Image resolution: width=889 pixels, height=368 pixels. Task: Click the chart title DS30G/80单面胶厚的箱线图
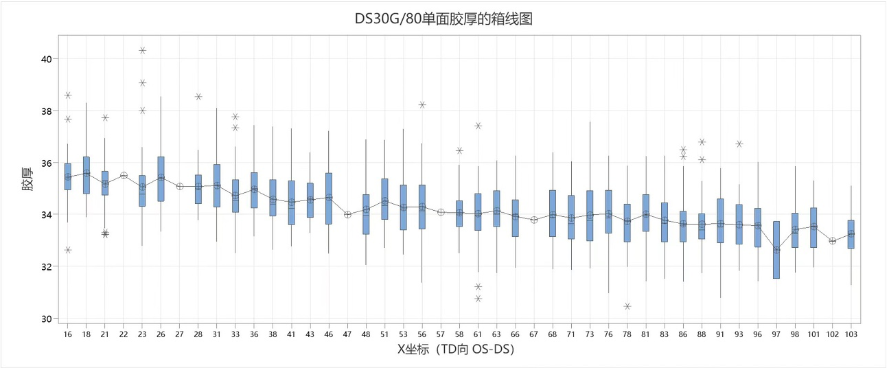coord(443,19)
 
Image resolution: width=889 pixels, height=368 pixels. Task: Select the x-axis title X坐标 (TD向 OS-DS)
coord(456,350)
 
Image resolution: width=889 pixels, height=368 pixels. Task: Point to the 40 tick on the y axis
coord(47,59)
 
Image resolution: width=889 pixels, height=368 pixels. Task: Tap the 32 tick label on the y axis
coord(47,267)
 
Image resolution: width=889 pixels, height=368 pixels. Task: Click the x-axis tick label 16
coord(68,334)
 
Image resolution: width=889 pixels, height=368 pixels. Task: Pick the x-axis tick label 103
coord(851,334)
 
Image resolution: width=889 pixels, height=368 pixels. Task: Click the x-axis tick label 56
coord(422,334)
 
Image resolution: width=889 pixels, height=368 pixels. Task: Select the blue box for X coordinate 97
coord(776,249)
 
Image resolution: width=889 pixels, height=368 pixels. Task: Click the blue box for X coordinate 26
coord(161,179)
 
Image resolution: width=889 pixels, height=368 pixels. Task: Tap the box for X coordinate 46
coord(328,198)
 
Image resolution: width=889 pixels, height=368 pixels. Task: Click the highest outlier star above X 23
coord(142,50)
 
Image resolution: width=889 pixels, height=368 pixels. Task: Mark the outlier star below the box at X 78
coord(627,306)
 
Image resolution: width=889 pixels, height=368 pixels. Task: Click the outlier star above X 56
coord(422,105)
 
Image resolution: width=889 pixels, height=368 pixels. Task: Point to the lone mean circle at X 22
coord(124,176)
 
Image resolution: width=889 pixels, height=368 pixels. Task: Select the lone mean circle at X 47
coord(347,214)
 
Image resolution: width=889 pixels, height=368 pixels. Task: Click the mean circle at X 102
coord(833,241)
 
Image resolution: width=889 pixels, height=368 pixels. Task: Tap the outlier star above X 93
coord(739,144)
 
